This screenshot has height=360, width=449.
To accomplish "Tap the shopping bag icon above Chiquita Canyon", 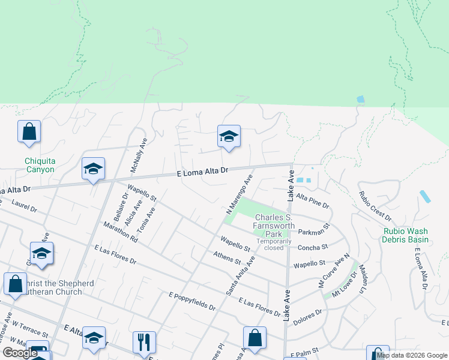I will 29,132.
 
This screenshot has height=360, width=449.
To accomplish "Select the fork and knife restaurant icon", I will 144,343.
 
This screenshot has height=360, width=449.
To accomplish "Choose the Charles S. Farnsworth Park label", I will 274,226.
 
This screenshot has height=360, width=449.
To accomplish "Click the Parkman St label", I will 315,231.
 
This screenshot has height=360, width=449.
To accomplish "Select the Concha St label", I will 313,247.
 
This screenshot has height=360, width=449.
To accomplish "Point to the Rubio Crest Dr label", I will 375,206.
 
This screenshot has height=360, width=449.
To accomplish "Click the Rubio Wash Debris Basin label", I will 405,235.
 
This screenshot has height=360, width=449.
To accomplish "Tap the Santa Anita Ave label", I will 240,275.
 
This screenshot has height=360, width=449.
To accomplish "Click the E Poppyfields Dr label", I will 192,301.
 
